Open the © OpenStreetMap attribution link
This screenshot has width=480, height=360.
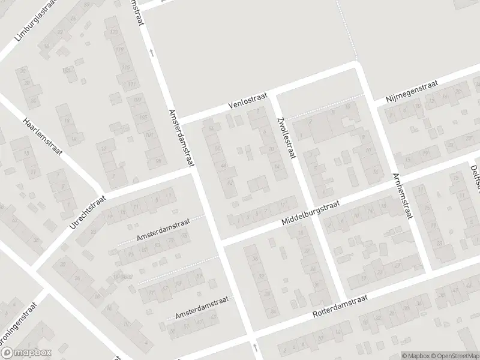pos(454,355)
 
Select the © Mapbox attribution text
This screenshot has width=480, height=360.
pos(415,355)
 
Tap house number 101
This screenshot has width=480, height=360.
pos(149,134)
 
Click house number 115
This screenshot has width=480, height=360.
pos(125,67)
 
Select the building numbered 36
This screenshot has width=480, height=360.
pos(255,259)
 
